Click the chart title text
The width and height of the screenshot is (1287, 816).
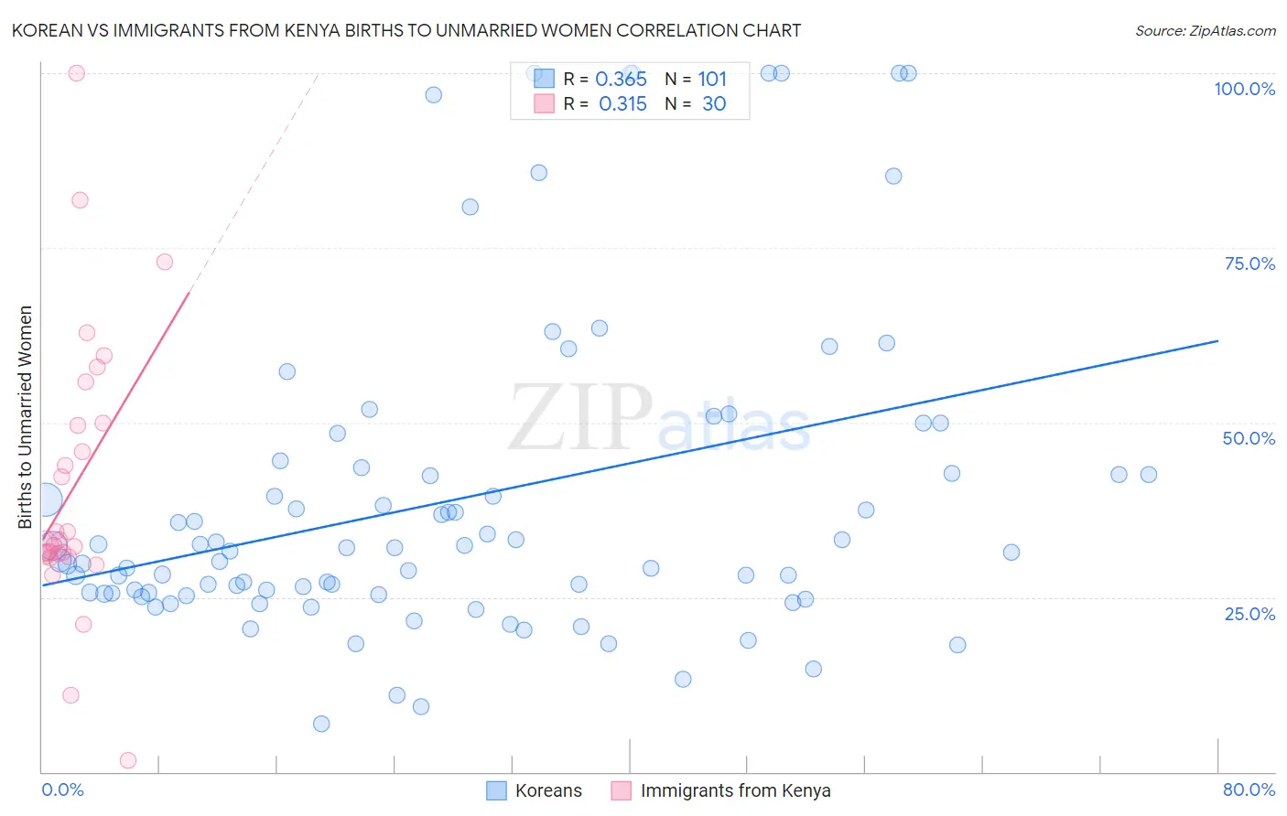(406, 30)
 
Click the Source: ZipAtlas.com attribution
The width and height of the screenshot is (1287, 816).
(1205, 30)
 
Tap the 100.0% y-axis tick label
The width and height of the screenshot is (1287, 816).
(1244, 89)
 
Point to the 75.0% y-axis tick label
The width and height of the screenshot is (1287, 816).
(1249, 263)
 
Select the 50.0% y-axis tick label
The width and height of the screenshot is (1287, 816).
(1249, 438)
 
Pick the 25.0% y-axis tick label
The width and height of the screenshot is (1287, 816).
(1249, 614)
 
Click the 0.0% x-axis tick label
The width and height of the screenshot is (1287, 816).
(62, 789)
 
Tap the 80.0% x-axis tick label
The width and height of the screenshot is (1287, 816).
(1249, 789)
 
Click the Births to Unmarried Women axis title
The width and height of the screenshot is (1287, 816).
(25, 417)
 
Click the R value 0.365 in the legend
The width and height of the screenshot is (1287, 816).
(621, 80)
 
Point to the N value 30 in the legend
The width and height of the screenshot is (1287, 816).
(714, 104)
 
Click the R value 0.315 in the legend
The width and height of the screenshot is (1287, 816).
(622, 104)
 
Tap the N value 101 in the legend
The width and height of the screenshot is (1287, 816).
(712, 80)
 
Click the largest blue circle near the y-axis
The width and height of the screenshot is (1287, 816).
(45, 500)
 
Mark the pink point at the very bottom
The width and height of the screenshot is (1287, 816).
(128, 760)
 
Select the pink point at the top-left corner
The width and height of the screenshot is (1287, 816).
(77, 73)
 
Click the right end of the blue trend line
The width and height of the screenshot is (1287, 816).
(1217, 340)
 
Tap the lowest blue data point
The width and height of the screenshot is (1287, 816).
(321, 724)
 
